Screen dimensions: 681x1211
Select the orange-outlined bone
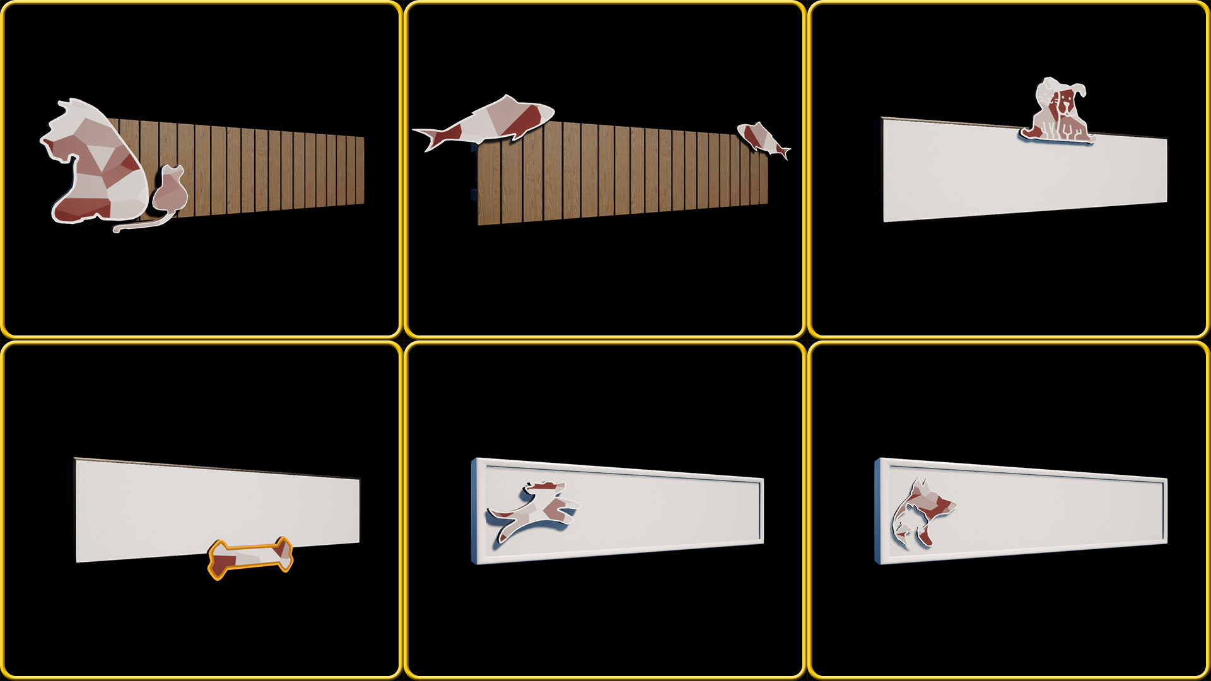(x=250, y=557)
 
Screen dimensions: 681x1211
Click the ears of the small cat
(x=173, y=170)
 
